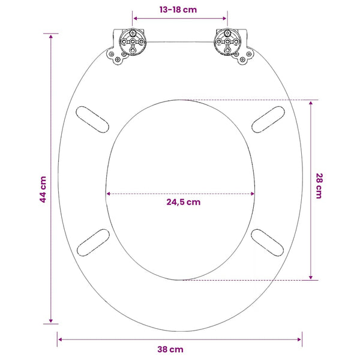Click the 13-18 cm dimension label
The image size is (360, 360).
point(178,10)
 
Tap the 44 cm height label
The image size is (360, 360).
point(43,190)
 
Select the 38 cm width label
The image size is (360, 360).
point(170,349)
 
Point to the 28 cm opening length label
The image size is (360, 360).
point(319,186)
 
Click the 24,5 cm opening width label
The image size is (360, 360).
point(184,202)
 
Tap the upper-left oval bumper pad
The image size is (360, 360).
point(92,119)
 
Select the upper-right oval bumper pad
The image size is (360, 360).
point(268,119)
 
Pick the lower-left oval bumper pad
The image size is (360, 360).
point(93,242)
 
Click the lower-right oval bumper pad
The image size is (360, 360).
point(267,242)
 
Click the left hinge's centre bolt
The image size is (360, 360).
point(133,42)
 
